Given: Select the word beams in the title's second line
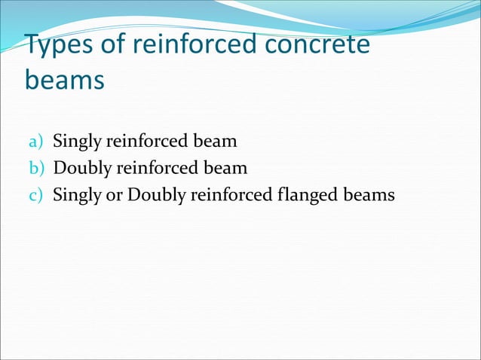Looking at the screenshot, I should coord(64,80).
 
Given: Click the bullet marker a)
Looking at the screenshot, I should coord(35,141).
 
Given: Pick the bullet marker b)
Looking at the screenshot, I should coord(35,168).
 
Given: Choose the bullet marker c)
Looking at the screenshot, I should coord(35,195).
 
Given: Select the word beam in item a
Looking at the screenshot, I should coord(217,141).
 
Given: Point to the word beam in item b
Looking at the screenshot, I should coord(227,168).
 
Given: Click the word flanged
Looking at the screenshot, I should coord(309,195).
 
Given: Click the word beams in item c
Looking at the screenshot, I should coord(370,195).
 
